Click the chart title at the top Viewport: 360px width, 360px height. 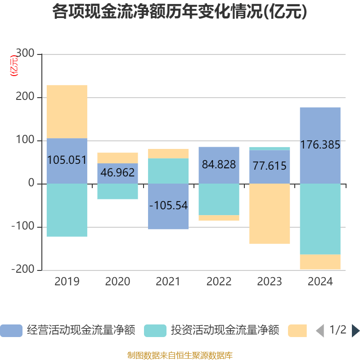coord(180,12)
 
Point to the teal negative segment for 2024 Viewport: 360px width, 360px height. coord(320,219)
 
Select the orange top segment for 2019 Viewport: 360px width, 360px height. coord(67,112)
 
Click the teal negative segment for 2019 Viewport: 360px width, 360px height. coord(67,210)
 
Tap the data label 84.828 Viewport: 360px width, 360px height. coord(219,165)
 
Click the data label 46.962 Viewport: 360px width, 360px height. coord(117,172)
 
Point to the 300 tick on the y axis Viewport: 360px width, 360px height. coord(25,54)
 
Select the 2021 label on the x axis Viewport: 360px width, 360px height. coord(168,282)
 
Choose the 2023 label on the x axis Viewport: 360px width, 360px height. coord(270,282)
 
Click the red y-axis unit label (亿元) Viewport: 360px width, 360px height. coord(14,65)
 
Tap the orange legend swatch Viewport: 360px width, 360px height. coord(297,331)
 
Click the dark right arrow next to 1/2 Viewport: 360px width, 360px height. coord(355,331)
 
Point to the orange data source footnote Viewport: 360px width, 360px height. coord(180,355)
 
